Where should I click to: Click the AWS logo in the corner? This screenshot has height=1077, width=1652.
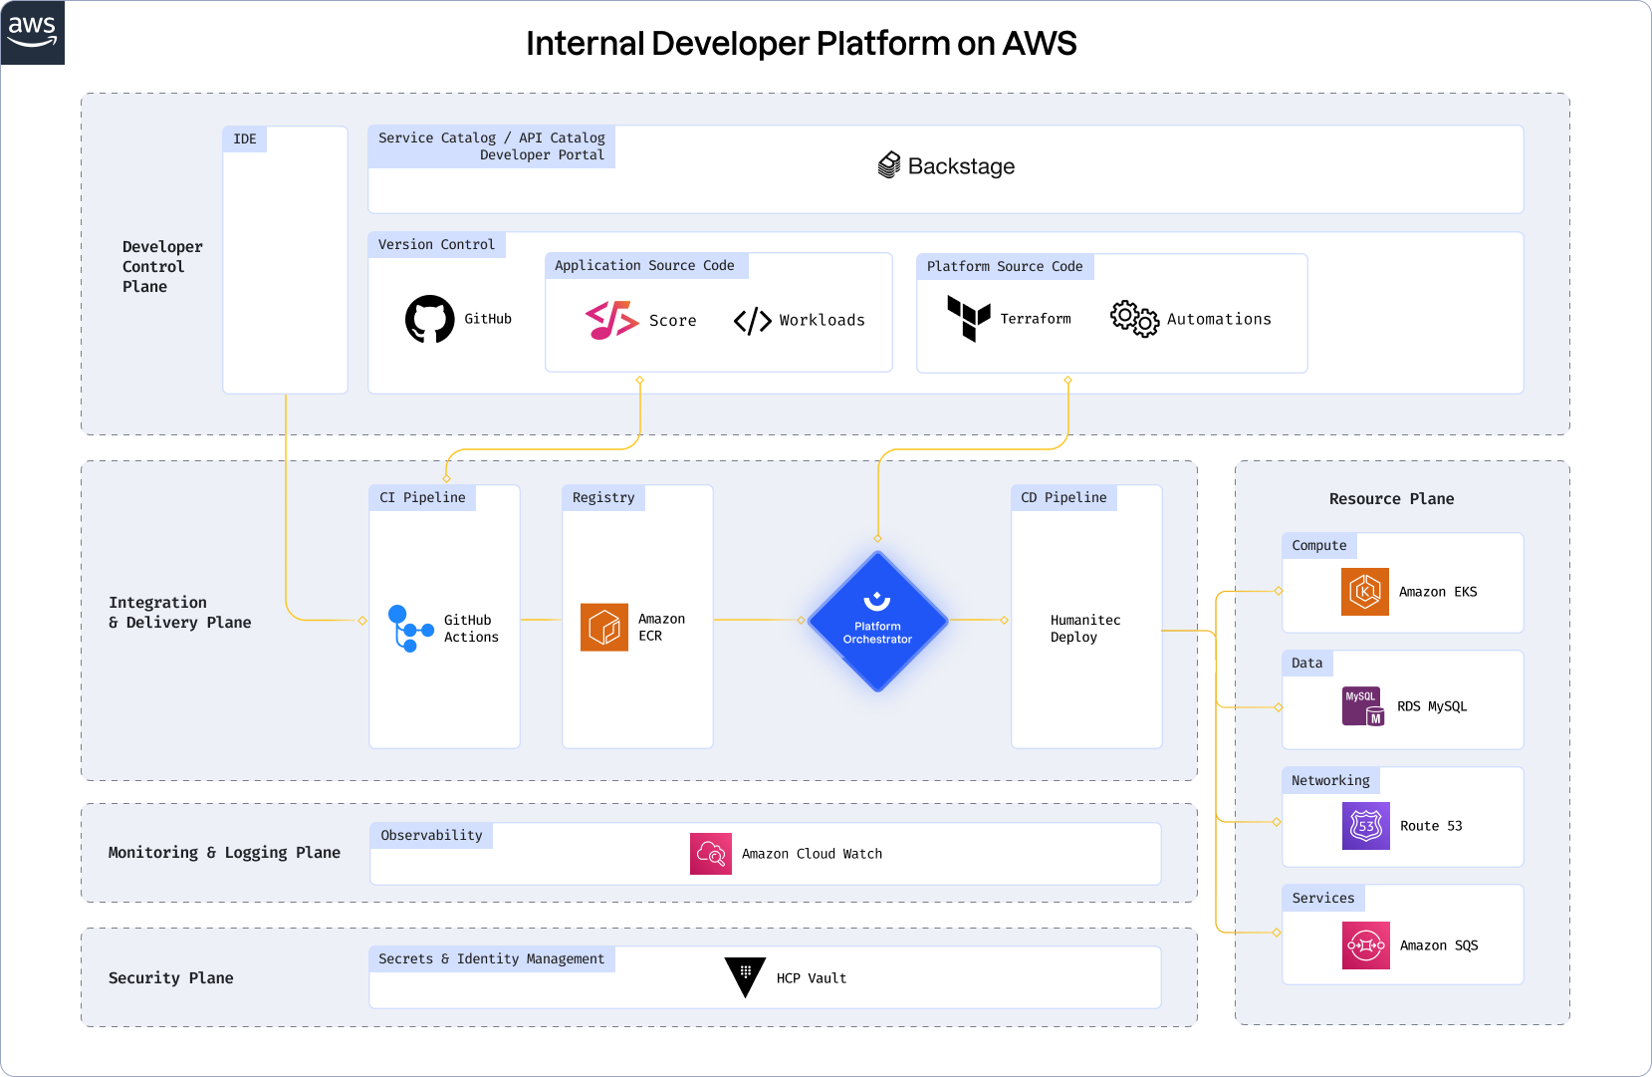(x=32, y=32)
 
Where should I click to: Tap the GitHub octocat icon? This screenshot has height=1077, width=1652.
(x=430, y=319)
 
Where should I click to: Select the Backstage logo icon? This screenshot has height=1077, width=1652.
(x=889, y=165)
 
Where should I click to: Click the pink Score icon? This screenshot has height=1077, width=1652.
(x=611, y=320)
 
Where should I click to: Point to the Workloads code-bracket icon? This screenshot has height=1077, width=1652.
(x=753, y=321)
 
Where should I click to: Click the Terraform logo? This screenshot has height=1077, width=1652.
(x=968, y=318)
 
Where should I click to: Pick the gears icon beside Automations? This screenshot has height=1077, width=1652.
(x=1134, y=319)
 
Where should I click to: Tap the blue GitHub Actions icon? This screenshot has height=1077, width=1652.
(x=409, y=628)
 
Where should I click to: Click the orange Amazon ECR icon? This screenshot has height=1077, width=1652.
(x=604, y=627)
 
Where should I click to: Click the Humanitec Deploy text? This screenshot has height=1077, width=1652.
(x=1085, y=628)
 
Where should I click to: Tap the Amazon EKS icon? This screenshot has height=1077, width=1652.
(x=1365, y=592)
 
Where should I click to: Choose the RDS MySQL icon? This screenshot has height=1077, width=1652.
(x=1363, y=706)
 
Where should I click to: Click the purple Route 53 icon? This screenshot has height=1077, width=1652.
(x=1366, y=826)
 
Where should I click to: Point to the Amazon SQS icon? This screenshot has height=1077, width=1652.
(x=1366, y=945)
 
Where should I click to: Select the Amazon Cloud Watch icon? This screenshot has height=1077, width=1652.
(x=711, y=854)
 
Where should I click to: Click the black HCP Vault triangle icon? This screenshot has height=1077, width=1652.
(x=745, y=976)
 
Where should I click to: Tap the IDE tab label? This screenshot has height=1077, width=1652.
(x=245, y=138)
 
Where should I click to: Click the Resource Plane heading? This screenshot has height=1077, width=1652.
(x=1391, y=499)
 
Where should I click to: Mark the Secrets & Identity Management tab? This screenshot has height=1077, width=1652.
(x=491, y=958)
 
